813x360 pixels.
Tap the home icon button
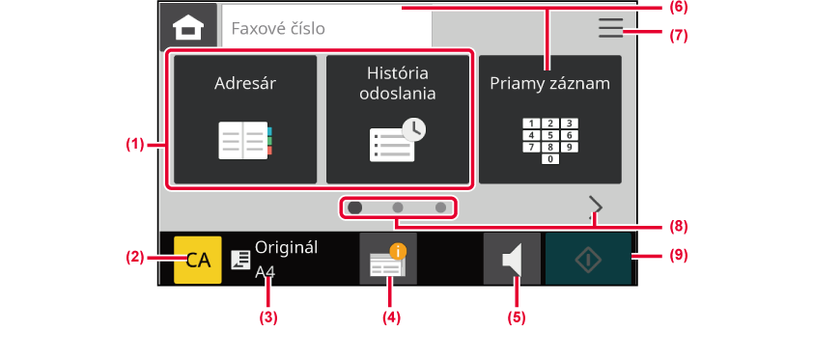point(188,26)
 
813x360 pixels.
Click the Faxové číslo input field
point(326,27)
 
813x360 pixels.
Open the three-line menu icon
point(610,27)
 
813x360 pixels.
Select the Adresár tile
point(245,120)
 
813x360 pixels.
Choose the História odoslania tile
point(398,120)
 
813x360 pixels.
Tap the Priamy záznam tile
point(550,120)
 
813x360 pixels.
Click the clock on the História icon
point(414,129)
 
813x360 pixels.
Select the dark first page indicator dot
point(355,208)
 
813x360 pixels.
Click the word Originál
point(287,248)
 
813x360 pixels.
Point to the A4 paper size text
point(265,272)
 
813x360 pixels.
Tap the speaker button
point(512,259)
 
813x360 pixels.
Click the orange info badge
point(398,252)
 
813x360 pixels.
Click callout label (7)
point(678,36)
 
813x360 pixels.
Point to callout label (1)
point(135,145)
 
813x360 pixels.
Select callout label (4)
point(391,318)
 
